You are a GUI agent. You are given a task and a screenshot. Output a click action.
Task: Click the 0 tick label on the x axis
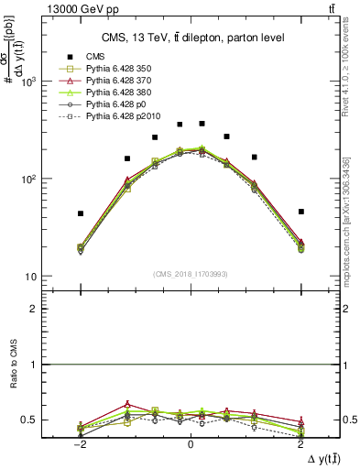click(x=190, y=442)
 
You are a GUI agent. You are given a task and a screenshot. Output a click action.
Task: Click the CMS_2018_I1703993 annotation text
click(x=191, y=274)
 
